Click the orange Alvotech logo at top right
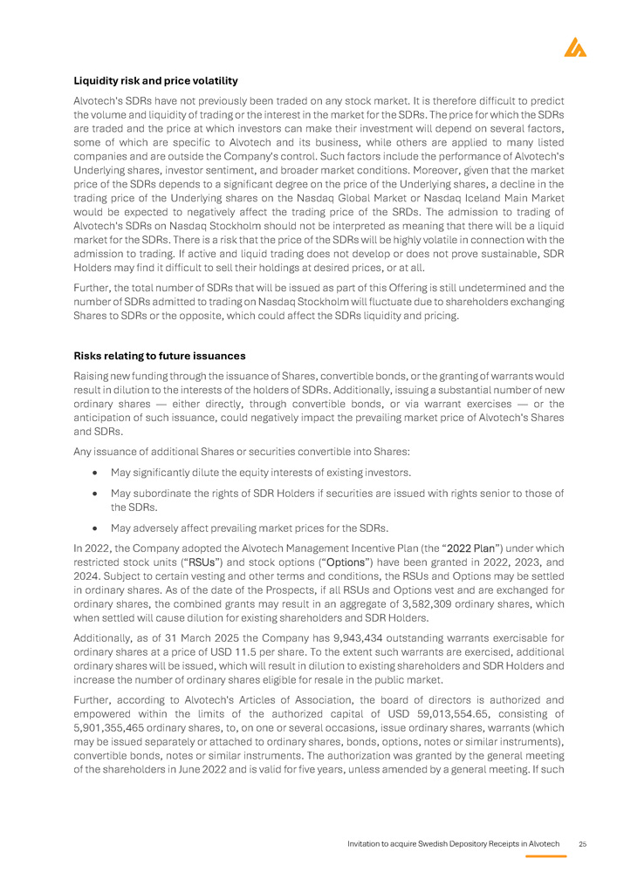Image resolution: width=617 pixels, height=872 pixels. tap(575, 47)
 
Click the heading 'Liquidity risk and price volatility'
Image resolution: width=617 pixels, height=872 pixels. tap(155, 81)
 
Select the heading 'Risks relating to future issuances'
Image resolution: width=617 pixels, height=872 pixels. tap(159, 356)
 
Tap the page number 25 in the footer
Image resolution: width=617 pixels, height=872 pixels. tap(583, 845)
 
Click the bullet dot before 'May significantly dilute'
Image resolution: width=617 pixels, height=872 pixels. tap(93, 473)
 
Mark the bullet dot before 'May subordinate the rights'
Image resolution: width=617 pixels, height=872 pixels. tap(93, 494)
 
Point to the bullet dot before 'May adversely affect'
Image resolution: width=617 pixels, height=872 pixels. tap(93, 528)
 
